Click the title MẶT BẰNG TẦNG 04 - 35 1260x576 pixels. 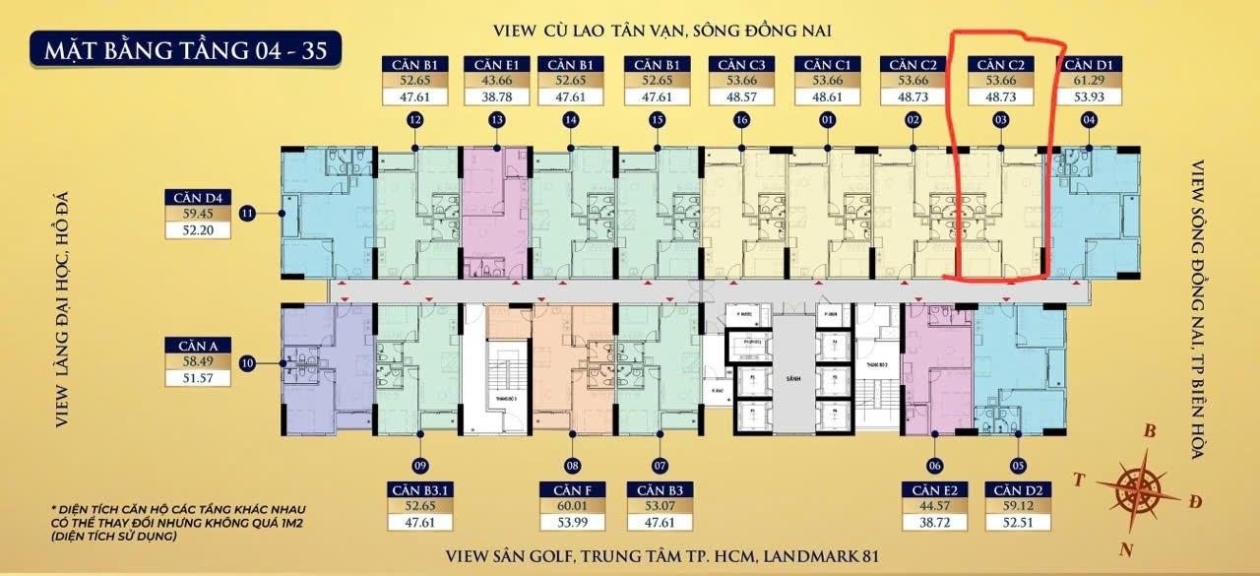click(x=186, y=47)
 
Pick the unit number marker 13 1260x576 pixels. click(x=496, y=120)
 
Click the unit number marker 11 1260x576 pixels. click(x=247, y=212)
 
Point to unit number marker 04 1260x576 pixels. click(x=1088, y=120)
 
